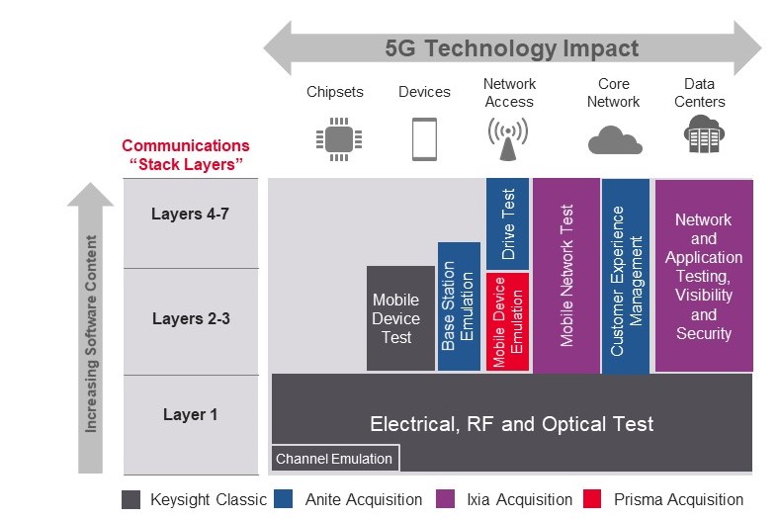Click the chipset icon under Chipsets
(334, 137)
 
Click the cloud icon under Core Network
(614, 140)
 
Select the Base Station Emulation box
(459, 306)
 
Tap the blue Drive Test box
(508, 224)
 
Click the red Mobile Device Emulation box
(508, 322)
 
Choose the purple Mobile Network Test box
(566, 276)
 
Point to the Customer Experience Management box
(626, 277)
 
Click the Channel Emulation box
(334, 459)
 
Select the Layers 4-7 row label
(190, 214)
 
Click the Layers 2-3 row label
(190, 318)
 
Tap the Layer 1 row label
(190, 414)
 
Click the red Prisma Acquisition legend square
(593, 499)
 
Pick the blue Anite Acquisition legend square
(286, 499)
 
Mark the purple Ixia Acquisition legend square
(447, 499)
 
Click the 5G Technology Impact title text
(512, 47)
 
